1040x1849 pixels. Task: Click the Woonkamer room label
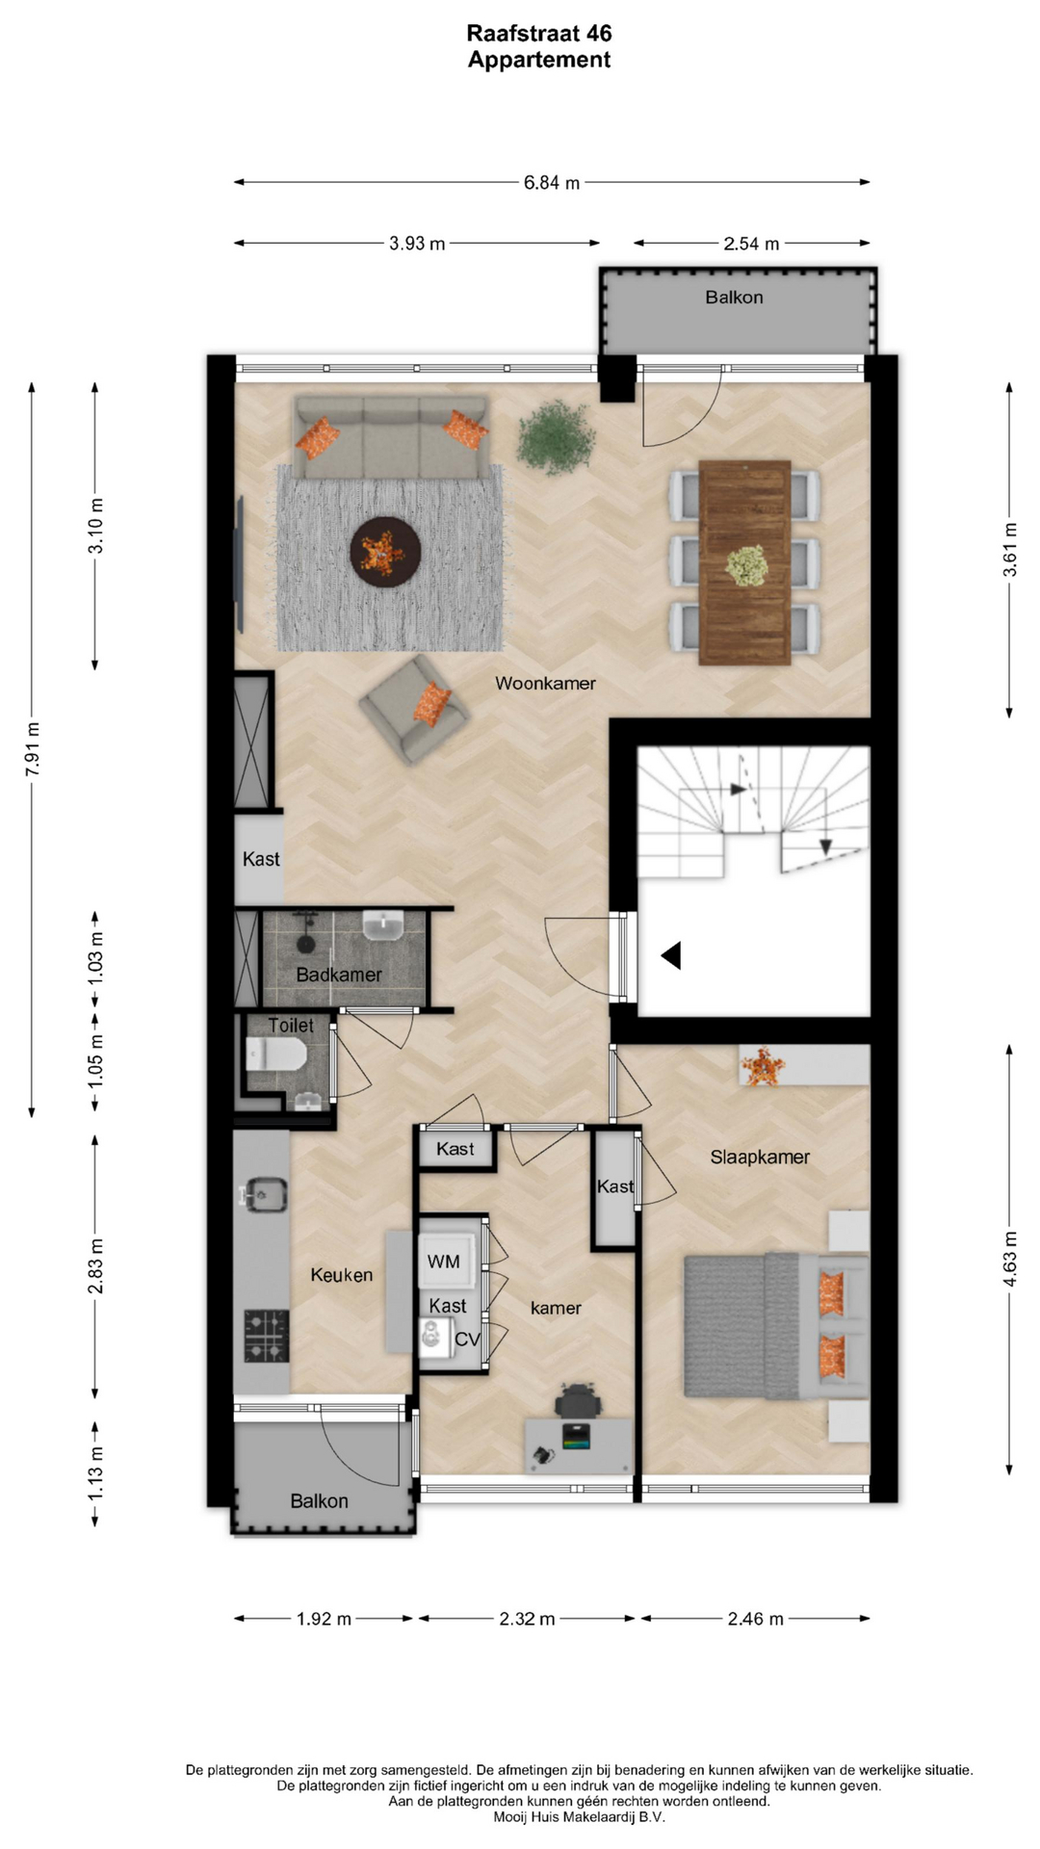pos(545,683)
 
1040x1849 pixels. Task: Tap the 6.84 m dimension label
pos(552,182)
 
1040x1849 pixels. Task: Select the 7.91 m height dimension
pos(32,749)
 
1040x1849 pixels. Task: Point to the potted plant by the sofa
pos(556,436)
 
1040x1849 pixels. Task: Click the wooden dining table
pos(744,562)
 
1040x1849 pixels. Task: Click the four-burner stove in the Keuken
pos(267,1335)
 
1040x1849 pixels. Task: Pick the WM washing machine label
pos(443,1262)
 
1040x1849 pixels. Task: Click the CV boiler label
pos(467,1340)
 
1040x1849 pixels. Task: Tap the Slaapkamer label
pos(760,1157)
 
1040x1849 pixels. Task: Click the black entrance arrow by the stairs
pos(671,955)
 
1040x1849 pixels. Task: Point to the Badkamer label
pos(339,975)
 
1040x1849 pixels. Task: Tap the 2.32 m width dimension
pos(527,1619)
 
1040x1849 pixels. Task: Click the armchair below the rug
pos(415,710)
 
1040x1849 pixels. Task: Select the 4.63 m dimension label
pos(1009,1259)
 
